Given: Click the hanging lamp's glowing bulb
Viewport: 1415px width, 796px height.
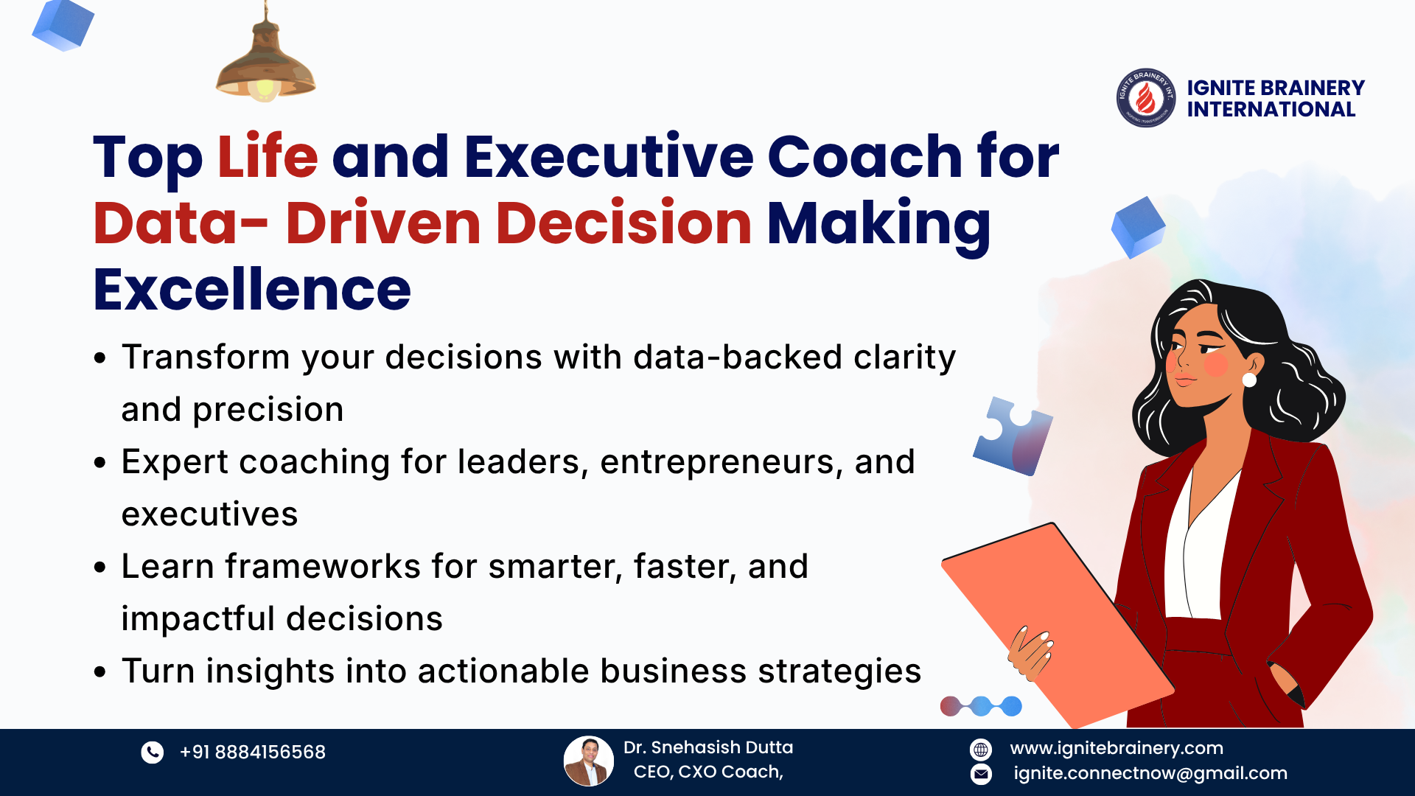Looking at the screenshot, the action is pyautogui.click(x=265, y=89).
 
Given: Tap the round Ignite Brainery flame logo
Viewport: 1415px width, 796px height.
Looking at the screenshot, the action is pyautogui.click(x=1146, y=98).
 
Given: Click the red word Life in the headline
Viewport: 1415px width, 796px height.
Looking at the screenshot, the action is pyautogui.click(x=268, y=156).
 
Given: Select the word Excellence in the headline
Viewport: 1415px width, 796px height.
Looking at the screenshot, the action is pyautogui.click(x=252, y=289).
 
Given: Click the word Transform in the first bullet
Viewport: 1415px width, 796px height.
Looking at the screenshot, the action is pyautogui.click(x=206, y=357).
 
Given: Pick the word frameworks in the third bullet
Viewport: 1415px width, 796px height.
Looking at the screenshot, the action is pyautogui.click(x=323, y=566).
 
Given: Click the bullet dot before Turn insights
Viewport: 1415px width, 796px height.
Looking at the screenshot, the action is pyautogui.click(x=100, y=671).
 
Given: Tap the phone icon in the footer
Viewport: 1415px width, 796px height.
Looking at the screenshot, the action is pyautogui.click(x=153, y=752).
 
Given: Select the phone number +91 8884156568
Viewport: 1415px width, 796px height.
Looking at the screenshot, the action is pyautogui.click(x=252, y=752).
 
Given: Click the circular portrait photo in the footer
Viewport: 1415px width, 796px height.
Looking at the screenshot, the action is pyautogui.click(x=589, y=761).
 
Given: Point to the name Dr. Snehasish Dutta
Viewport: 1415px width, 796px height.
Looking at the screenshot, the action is pyautogui.click(x=708, y=747).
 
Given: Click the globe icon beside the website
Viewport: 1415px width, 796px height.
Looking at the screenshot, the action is pyautogui.click(x=981, y=750).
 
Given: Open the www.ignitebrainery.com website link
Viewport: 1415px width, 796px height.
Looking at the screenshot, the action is pyautogui.click(x=1117, y=748).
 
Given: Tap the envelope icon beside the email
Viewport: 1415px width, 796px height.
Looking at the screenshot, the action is pyautogui.click(x=981, y=774).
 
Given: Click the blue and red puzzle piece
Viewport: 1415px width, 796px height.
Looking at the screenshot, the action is pyautogui.click(x=1013, y=436).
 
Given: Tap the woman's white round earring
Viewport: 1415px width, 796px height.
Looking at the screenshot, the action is pyautogui.click(x=1249, y=380).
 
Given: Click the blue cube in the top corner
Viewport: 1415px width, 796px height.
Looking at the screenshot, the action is pyautogui.click(x=63, y=24).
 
